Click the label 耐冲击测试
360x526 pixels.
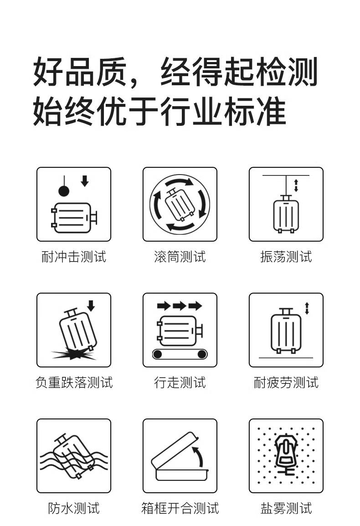(x=74, y=257)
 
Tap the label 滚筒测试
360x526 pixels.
(x=180, y=257)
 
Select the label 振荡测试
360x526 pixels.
(x=286, y=257)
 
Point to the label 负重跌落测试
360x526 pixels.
(x=74, y=382)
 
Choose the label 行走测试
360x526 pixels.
(x=180, y=382)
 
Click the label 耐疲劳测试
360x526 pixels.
(x=286, y=382)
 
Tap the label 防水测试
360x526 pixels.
(x=74, y=508)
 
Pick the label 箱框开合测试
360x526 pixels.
(x=180, y=508)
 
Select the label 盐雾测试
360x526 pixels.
(x=286, y=508)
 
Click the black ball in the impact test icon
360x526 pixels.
(x=64, y=191)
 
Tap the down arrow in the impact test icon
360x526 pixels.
(x=85, y=181)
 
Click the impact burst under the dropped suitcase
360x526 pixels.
(x=74, y=354)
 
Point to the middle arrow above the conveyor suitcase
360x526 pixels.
(x=180, y=305)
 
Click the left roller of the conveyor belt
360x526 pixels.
(x=157, y=354)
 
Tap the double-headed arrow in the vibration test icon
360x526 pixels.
(x=296, y=186)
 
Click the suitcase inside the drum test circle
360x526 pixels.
(x=180, y=205)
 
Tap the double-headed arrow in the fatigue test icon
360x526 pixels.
(x=307, y=309)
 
